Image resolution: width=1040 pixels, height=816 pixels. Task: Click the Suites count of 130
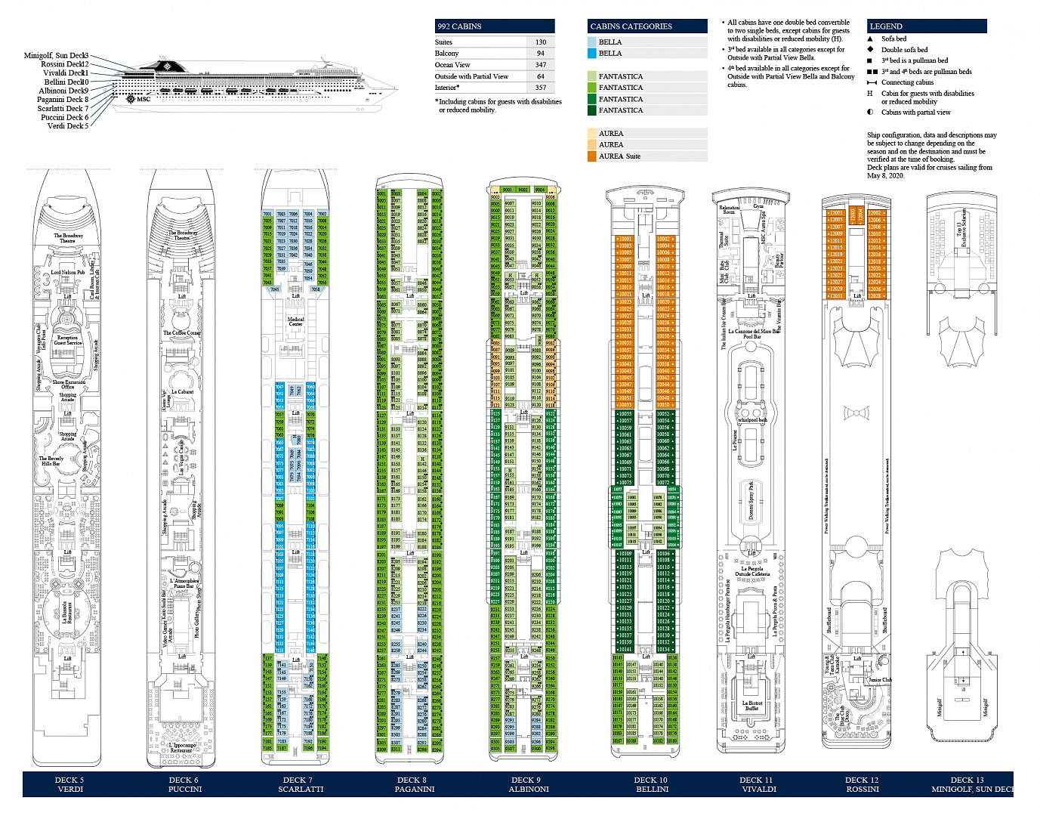(x=540, y=42)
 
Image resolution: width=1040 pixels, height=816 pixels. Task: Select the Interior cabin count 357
(x=540, y=88)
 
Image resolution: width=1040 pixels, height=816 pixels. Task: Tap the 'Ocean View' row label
(x=452, y=65)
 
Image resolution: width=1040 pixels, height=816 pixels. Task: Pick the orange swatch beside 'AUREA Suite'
(x=592, y=156)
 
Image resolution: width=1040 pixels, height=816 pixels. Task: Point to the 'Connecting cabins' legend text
(x=907, y=82)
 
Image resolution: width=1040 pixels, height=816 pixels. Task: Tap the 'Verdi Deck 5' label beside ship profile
(x=68, y=126)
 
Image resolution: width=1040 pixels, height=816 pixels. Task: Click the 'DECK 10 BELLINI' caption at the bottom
(x=651, y=784)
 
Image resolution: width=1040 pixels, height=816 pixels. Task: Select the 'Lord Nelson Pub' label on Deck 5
(x=68, y=273)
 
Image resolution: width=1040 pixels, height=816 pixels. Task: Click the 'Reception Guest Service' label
(x=68, y=340)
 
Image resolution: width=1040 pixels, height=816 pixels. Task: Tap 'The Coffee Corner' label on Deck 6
(x=182, y=333)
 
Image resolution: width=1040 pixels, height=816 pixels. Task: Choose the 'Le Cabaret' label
(x=182, y=392)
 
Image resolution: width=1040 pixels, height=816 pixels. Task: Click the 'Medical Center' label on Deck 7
(x=295, y=321)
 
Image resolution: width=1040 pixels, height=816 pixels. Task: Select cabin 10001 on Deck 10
(x=625, y=240)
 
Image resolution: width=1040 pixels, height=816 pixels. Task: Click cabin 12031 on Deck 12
(x=835, y=295)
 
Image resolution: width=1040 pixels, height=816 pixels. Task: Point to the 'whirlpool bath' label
(x=752, y=420)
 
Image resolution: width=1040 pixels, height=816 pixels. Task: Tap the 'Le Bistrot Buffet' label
(x=751, y=706)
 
